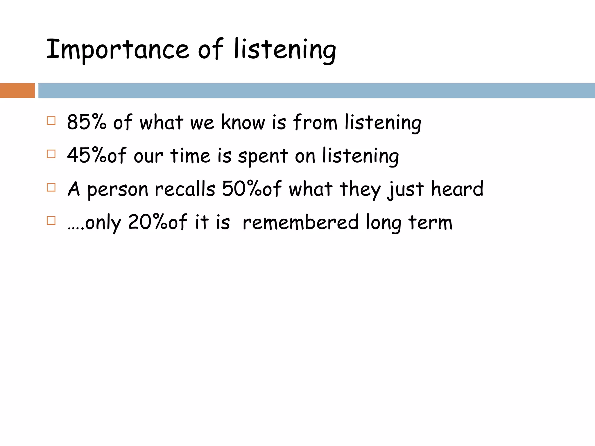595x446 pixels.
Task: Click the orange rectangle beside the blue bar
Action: point(17,91)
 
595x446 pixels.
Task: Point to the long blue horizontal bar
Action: point(316,91)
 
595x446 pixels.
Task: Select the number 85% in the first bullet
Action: point(87,122)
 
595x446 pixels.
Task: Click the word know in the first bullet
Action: point(243,122)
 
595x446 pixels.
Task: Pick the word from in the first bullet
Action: point(315,122)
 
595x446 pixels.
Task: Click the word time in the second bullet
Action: point(190,155)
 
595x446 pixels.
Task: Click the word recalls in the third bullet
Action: point(185,189)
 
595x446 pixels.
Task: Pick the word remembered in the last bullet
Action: point(300,222)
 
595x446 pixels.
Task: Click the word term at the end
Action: point(430,222)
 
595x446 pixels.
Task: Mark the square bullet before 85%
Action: point(51,121)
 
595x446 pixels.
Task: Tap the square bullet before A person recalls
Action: point(51,187)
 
